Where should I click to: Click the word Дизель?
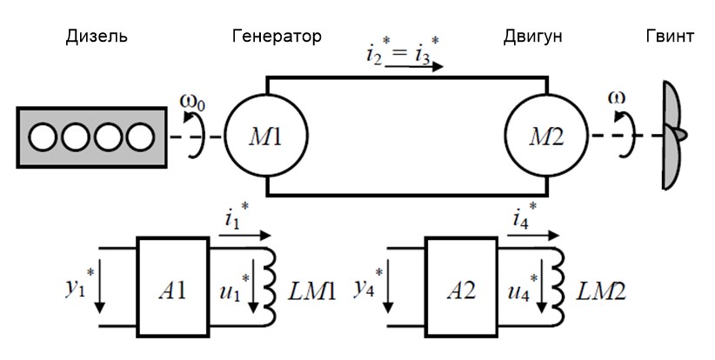click(x=97, y=37)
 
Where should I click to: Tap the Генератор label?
click(x=277, y=37)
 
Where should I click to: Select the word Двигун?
click(x=532, y=37)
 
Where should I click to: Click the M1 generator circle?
click(x=265, y=137)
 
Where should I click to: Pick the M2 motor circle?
click(x=547, y=137)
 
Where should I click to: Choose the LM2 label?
click(x=595, y=288)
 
